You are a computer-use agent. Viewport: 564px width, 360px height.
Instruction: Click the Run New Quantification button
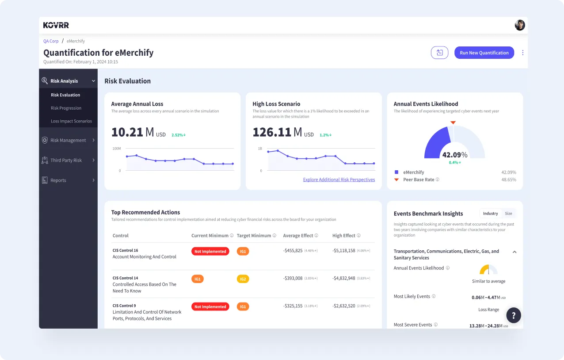(484, 53)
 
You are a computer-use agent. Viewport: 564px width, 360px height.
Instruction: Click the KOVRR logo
(56, 25)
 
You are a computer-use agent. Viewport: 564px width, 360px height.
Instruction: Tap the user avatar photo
(520, 25)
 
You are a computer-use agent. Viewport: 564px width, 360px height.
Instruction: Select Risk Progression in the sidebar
(66, 108)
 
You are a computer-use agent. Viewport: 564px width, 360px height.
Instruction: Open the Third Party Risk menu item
(66, 160)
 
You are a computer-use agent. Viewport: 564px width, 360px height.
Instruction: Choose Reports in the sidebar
(58, 180)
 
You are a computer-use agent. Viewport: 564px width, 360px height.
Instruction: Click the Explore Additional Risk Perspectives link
(339, 180)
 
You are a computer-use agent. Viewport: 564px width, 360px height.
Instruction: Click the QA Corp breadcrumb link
(51, 41)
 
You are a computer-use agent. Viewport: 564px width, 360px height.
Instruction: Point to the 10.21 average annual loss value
(127, 132)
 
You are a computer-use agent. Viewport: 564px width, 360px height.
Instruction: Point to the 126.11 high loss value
(272, 132)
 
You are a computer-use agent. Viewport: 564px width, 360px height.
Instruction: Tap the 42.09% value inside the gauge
(454, 155)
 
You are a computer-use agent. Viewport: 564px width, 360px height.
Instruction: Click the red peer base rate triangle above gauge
(453, 123)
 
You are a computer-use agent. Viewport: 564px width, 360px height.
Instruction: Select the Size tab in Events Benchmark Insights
(508, 214)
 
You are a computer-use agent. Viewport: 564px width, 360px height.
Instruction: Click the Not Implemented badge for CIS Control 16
(210, 251)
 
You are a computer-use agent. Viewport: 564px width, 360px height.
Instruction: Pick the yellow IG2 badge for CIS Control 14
(243, 279)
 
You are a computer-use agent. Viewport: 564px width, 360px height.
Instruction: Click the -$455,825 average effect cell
(293, 250)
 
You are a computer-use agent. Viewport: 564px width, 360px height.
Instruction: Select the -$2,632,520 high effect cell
(343, 306)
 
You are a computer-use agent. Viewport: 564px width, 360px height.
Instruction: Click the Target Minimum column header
(254, 236)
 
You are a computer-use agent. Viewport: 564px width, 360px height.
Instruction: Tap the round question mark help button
(514, 315)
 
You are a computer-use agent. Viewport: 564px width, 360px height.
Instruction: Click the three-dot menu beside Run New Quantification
(523, 53)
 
